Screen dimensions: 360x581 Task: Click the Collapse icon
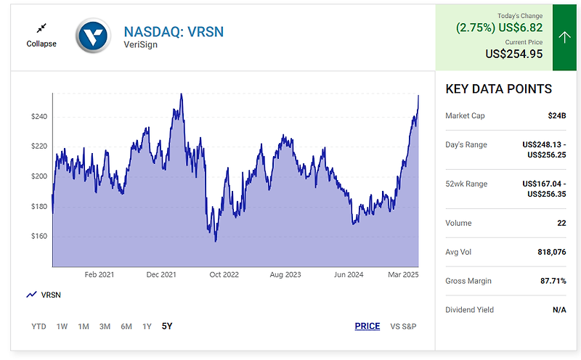[x=41, y=28]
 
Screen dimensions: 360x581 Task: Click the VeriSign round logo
[x=94, y=35]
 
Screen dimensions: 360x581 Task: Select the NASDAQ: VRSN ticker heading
[x=174, y=31]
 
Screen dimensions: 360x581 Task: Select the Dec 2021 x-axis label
[x=161, y=275]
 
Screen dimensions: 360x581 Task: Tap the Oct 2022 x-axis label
[x=224, y=275]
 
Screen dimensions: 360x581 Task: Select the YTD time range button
[x=39, y=327]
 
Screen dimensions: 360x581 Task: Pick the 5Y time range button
[x=167, y=327]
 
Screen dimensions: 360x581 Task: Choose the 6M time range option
[x=126, y=327]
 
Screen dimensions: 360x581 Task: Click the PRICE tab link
[x=367, y=327]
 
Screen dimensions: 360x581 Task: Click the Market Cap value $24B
[x=557, y=115]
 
